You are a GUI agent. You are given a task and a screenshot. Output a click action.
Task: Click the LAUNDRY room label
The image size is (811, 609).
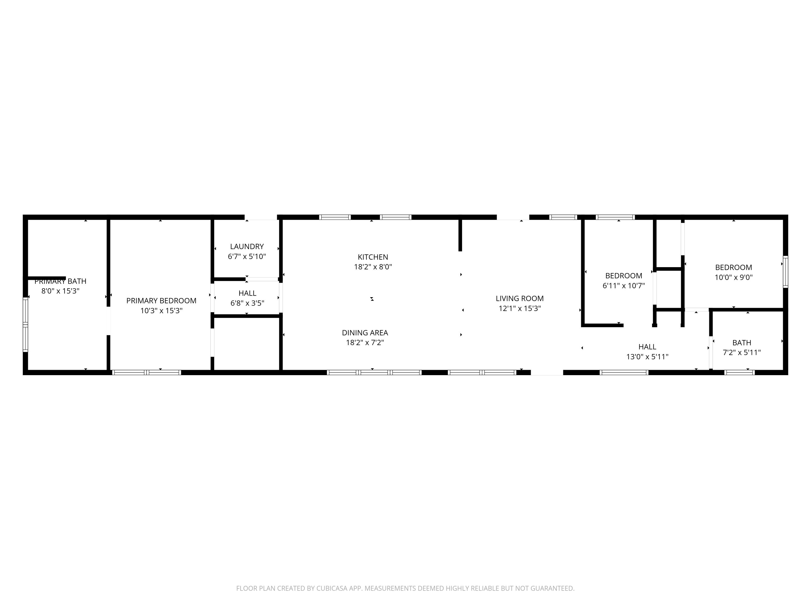(x=247, y=246)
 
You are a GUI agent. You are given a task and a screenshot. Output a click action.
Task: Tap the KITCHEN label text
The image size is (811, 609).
(x=373, y=257)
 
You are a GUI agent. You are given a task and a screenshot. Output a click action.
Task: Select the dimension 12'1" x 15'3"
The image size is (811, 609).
(x=520, y=308)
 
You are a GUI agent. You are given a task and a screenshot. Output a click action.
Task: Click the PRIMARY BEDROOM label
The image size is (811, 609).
(x=161, y=301)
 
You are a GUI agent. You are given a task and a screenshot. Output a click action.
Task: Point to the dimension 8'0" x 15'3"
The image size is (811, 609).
(x=61, y=291)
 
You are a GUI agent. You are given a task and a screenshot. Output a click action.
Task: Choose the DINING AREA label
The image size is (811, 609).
(x=365, y=333)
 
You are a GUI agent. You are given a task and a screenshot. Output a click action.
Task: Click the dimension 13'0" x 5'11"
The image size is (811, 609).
(x=647, y=356)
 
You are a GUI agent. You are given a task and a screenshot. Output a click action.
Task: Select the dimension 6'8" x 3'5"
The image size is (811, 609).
(x=247, y=303)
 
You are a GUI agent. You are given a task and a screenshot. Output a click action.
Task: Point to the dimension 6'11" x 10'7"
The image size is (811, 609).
(x=623, y=286)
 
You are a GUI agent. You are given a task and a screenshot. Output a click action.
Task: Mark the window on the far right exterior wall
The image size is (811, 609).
(x=785, y=272)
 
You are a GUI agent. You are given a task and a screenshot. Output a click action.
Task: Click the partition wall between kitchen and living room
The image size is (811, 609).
(x=460, y=235)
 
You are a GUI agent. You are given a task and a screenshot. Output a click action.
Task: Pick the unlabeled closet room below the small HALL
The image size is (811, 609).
(x=247, y=343)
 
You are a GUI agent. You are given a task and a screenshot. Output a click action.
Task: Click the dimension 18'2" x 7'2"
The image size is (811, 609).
(x=365, y=342)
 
